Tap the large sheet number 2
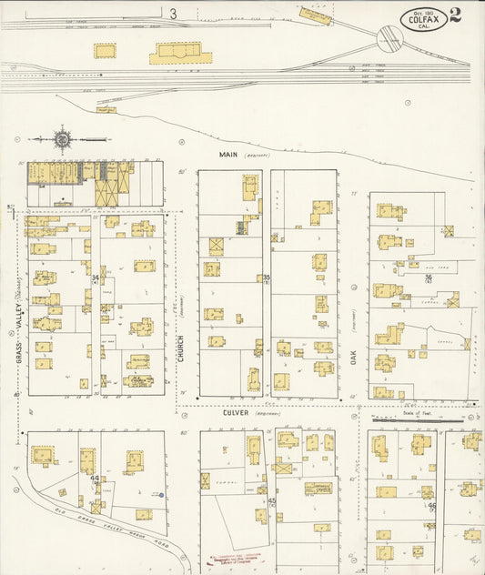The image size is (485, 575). (455, 15)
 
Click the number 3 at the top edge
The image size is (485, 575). (173, 13)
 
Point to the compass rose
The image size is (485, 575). (63, 140)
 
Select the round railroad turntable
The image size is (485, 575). (391, 39)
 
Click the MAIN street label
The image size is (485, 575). (228, 155)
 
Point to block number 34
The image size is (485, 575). (96, 277)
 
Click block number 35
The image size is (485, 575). (267, 277)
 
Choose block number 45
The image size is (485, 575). (271, 500)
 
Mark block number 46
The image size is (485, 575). (431, 505)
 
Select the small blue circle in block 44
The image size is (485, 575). (161, 496)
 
